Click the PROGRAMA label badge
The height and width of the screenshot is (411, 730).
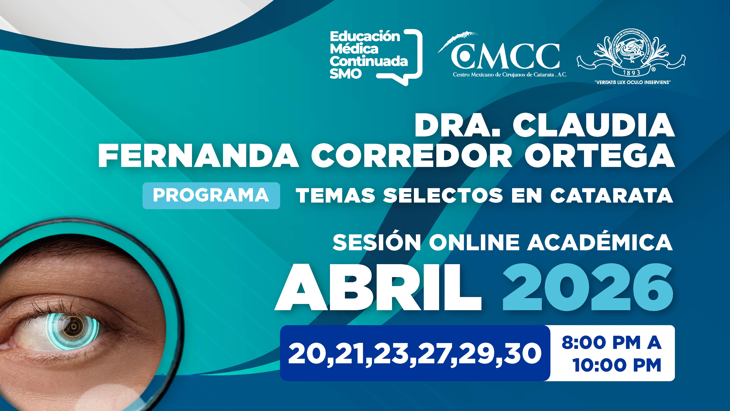pyautogui.click(x=211, y=195)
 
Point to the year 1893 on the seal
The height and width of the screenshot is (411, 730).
pyautogui.click(x=632, y=73)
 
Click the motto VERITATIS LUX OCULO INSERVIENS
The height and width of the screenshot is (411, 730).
pyautogui.click(x=631, y=82)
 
